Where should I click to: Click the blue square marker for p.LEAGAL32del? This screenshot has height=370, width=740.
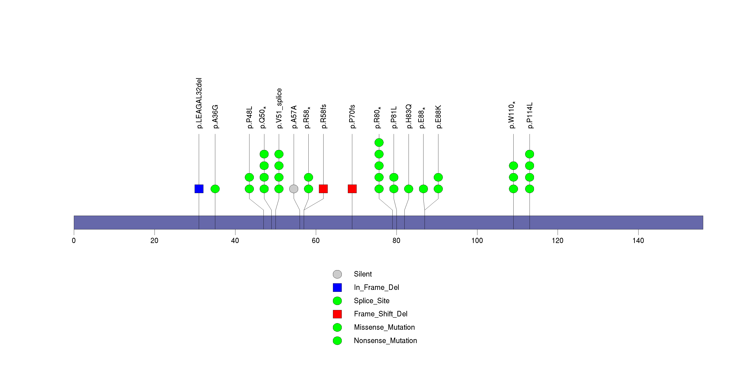199,189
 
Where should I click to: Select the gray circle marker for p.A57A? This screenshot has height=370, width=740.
294,189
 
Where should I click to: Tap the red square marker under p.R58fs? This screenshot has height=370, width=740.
323,189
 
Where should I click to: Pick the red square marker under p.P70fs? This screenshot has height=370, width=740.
352,189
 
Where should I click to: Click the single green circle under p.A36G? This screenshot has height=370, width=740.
215,189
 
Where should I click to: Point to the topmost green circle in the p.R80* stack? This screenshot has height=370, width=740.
379,142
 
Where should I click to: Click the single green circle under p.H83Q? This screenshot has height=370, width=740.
409,189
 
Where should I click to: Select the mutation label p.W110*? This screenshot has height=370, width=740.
512,115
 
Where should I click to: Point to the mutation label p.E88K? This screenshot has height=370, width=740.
438,117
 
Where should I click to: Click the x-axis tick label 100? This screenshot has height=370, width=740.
477,240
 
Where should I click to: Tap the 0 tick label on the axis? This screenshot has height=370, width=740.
74,240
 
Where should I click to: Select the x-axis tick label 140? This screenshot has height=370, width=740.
638,240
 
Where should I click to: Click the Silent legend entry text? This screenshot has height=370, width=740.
363,274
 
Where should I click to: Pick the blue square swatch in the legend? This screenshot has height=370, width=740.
337,287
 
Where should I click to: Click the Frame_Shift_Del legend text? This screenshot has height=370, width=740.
381,314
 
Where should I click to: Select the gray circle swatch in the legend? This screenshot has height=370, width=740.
337,274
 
